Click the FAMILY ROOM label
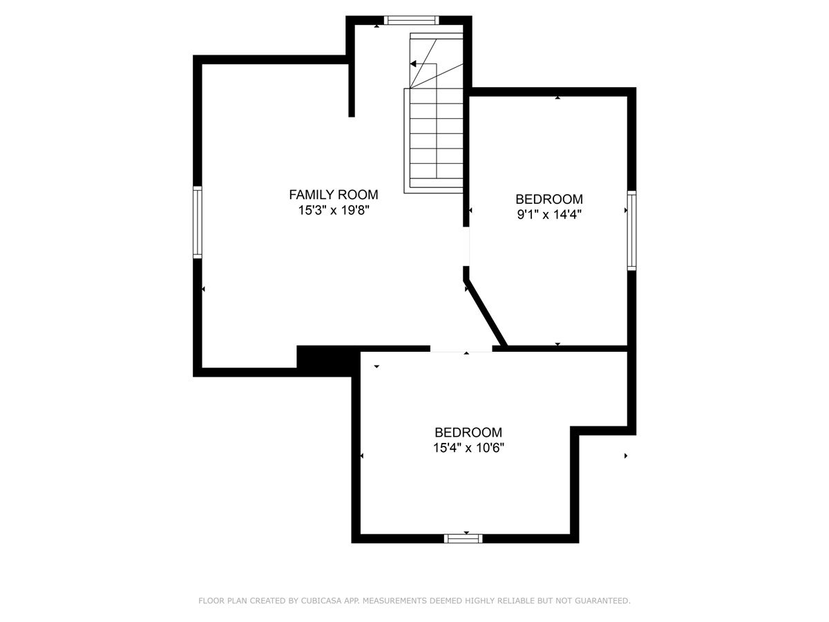334,194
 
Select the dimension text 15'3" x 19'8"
334,210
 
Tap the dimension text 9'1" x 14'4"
549,214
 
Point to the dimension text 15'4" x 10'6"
468,448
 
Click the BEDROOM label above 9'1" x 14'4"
549,199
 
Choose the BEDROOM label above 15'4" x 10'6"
468,432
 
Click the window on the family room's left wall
198,223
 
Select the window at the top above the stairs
412,20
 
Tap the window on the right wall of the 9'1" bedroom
631,230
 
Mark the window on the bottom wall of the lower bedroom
463,538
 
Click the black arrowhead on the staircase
413,64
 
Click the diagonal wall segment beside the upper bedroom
486,312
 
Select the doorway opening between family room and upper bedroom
466,246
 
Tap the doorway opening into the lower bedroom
461,348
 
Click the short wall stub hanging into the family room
351,91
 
